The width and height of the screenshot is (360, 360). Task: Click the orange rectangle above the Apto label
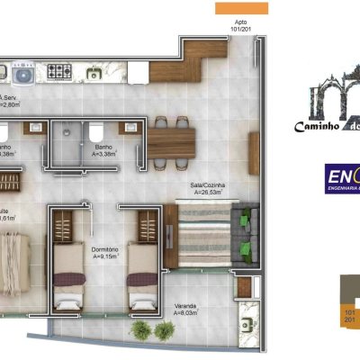click(x=241, y=7)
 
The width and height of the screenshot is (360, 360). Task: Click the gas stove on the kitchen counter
click(x=60, y=71)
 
